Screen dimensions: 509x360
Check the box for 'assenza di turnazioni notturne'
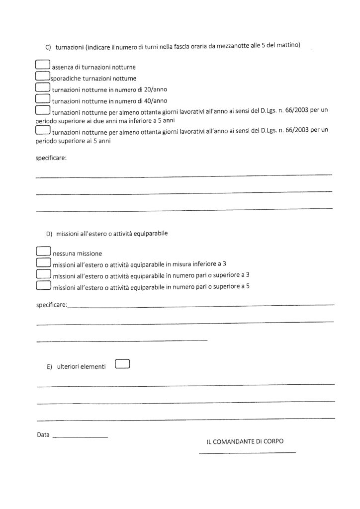pos(43,65)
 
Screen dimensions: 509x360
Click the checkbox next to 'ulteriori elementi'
pos(122,364)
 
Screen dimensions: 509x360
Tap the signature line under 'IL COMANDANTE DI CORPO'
pos(247,452)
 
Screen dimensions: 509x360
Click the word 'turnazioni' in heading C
pos(69,47)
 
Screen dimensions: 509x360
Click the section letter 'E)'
pos(49,367)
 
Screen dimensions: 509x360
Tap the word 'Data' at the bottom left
pos(43,434)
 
